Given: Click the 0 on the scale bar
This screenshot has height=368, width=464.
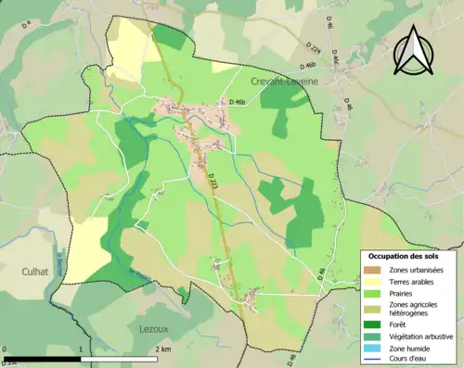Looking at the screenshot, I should tap(6, 349).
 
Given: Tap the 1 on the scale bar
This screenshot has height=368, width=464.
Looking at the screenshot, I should tap(82, 349).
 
